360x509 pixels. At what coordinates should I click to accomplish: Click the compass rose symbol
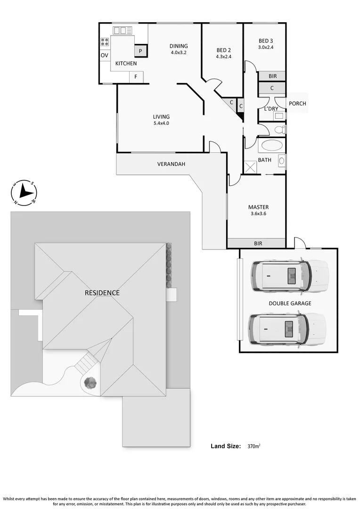(24, 192)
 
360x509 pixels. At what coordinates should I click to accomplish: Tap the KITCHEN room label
(126, 63)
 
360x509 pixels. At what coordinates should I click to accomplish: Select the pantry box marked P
(140, 51)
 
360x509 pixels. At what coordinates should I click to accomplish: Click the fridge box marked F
(136, 76)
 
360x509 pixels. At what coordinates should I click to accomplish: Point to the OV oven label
(105, 55)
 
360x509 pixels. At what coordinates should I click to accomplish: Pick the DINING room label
(179, 46)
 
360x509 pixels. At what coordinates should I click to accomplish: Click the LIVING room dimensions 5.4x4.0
(161, 123)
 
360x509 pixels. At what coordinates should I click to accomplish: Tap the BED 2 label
(223, 50)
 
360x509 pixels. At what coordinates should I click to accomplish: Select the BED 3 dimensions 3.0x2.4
(265, 47)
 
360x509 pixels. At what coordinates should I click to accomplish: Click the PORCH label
(297, 104)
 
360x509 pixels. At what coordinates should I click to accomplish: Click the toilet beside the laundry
(279, 129)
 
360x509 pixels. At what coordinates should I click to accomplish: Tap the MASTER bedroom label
(258, 207)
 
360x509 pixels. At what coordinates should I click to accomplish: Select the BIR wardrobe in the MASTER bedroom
(257, 243)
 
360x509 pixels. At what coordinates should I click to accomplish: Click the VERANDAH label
(171, 164)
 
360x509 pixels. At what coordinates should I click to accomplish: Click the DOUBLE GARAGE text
(290, 304)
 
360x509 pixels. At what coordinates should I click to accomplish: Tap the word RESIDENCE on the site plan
(102, 293)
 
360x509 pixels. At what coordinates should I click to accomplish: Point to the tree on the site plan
(90, 382)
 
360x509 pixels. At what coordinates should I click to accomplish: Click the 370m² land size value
(254, 446)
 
